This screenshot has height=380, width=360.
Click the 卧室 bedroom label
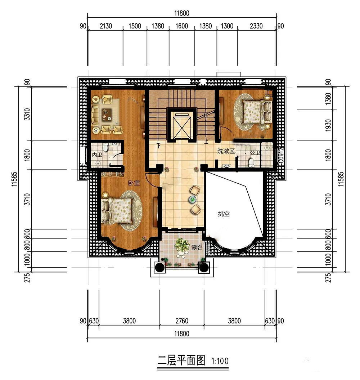point(134,183)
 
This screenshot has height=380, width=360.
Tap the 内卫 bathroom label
point(97,155)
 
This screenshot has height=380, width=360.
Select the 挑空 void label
point(224,214)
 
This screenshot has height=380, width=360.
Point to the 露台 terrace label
point(197,247)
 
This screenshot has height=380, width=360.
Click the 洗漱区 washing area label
point(226,151)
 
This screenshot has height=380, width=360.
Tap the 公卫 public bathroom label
point(255,153)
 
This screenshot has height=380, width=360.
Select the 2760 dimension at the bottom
point(182,321)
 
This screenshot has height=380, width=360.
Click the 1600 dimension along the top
point(182,26)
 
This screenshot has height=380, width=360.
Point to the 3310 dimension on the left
point(27,114)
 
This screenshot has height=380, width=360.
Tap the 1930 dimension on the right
point(328,125)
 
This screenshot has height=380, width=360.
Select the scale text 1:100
point(220,361)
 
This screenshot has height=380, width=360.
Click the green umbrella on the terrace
point(182,245)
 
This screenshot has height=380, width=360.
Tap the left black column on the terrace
point(159,267)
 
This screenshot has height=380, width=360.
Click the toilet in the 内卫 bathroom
point(105,147)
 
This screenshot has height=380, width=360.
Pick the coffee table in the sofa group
point(107,115)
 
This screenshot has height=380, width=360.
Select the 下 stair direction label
point(159,146)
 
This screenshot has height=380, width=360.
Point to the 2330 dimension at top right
point(256,26)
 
